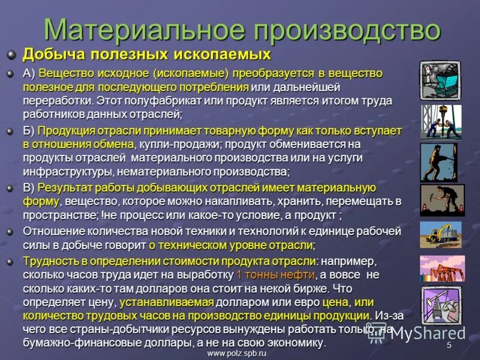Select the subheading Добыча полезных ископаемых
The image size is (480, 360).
(x=147, y=55)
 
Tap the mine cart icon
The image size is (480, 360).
(x=440, y=79)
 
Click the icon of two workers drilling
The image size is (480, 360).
(x=440, y=122)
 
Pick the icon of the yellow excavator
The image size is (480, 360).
(x=440, y=235)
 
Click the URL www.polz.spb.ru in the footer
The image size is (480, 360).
(x=236, y=354)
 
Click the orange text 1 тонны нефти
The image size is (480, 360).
(x=275, y=275)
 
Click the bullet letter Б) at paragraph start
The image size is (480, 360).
(x=29, y=130)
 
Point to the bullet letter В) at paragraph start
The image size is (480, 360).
(x=29, y=188)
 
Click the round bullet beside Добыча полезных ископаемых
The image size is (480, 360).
(x=11, y=55)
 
